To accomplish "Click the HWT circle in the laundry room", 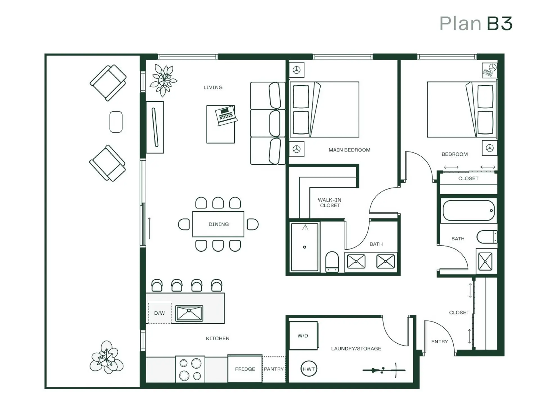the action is pos(309,369).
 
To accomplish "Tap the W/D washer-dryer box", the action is pos(303,336).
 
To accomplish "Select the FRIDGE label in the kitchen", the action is pos(245,369).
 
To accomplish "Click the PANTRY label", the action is pos(274,369).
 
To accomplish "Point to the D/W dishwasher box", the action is pos(160,313).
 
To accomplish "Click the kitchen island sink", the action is pos(189,313).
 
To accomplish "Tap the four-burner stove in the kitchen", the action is pos(190,369).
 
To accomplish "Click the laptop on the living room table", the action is pos(226,116).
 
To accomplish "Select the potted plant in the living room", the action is pos(163,80).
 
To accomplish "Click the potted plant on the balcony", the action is pos(106,357).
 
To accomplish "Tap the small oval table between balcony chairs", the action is pos(116,122).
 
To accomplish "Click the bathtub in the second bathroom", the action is pos(469,211).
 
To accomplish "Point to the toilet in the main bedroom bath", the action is pos(332,262).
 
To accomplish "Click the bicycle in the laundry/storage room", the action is pos(384,370).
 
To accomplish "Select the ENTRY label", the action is pos(439,341).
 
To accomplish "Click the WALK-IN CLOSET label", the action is pos(330,203).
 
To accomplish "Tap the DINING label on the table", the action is pos(219,224).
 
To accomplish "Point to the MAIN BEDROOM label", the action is pos(349,150).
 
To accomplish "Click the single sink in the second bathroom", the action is pos(485,261).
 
